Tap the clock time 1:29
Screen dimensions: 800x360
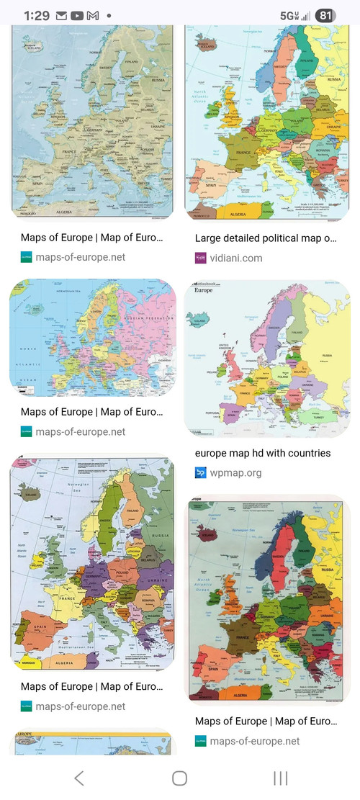coord(36,15)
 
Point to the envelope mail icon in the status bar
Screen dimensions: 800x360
coord(61,15)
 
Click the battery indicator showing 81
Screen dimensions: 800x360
coord(326,15)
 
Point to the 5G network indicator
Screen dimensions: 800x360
coord(289,15)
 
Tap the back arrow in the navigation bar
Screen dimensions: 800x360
coord(79,778)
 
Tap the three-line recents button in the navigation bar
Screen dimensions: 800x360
coord(281,778)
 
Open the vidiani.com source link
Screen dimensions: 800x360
coord(237,258)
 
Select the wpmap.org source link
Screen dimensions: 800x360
coord(235,473)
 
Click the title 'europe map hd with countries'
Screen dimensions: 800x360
coord(263,453)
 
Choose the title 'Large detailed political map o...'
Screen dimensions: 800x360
coord(266,238)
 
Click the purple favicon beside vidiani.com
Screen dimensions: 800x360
coord(201,258)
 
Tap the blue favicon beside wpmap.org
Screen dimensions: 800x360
coord(201,473)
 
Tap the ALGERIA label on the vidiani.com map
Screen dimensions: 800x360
coord(238,214)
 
